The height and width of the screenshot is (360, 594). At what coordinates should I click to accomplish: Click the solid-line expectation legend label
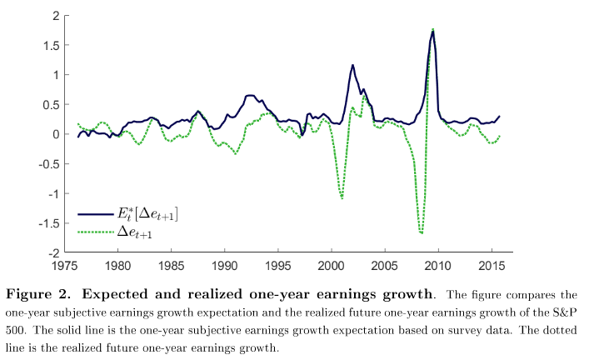[149, 216]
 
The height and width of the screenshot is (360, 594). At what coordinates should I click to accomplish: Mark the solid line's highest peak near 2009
[433, 32]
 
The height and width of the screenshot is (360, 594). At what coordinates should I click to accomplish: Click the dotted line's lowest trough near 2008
[422, 233]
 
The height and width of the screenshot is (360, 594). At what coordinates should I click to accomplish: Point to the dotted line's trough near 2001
[342, 197]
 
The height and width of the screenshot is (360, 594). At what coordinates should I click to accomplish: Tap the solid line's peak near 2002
[352, 65]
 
